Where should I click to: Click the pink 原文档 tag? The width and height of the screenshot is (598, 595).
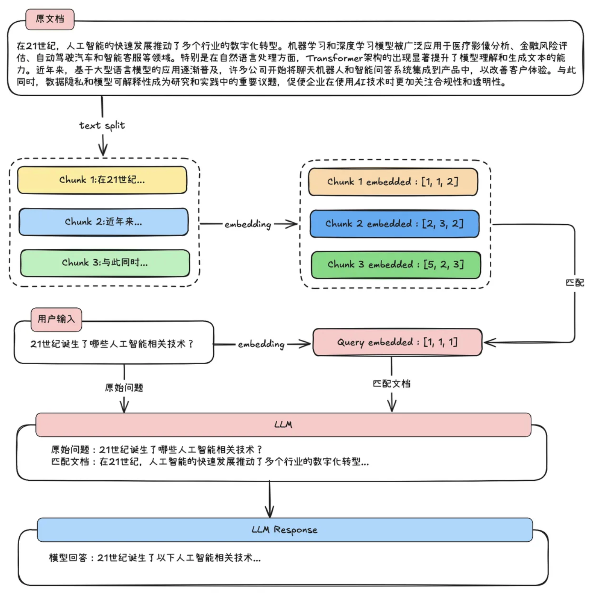point(50,19)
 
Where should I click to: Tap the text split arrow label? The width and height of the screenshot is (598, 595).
point(102,125)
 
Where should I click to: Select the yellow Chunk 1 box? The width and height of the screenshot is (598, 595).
point(102,180)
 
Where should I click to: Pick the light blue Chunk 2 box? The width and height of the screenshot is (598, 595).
point(103,222)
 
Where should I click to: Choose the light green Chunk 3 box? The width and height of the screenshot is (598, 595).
point(105,263)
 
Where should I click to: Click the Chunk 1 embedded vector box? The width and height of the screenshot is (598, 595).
point(393,182)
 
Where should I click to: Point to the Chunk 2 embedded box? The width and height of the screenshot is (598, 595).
point(394,224)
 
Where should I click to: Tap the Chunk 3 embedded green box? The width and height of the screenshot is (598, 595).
point(395,265)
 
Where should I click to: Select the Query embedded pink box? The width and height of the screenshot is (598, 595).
point(397,342)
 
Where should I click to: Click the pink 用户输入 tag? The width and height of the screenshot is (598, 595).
point(56,319)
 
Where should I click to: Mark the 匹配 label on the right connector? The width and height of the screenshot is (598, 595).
point(575,283)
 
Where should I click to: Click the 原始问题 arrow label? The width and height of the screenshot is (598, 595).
point(124,388)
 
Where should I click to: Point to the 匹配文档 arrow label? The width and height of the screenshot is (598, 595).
point(391,384)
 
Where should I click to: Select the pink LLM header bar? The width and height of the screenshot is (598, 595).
point(283,425)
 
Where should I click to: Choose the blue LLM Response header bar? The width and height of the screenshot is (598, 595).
point(285,530)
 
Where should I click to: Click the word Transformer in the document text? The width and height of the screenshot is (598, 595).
point(334,58)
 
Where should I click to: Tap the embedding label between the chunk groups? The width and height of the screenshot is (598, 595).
point(248,224)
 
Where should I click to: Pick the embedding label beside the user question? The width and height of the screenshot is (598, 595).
point(261,344)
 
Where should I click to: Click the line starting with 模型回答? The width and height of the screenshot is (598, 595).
point(155,558)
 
